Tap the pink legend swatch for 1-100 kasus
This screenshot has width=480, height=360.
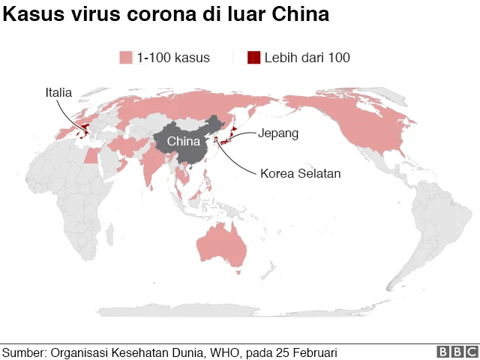click(125, 57)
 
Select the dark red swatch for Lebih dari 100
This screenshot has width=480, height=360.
click(253, 57)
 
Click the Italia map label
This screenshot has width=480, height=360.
click(58, 93)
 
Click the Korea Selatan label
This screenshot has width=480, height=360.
click(301, 173)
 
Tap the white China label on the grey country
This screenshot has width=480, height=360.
click(183, 142)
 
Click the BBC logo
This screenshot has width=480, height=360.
click(457, 352)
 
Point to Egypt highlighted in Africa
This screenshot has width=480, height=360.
click(91, 156)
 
